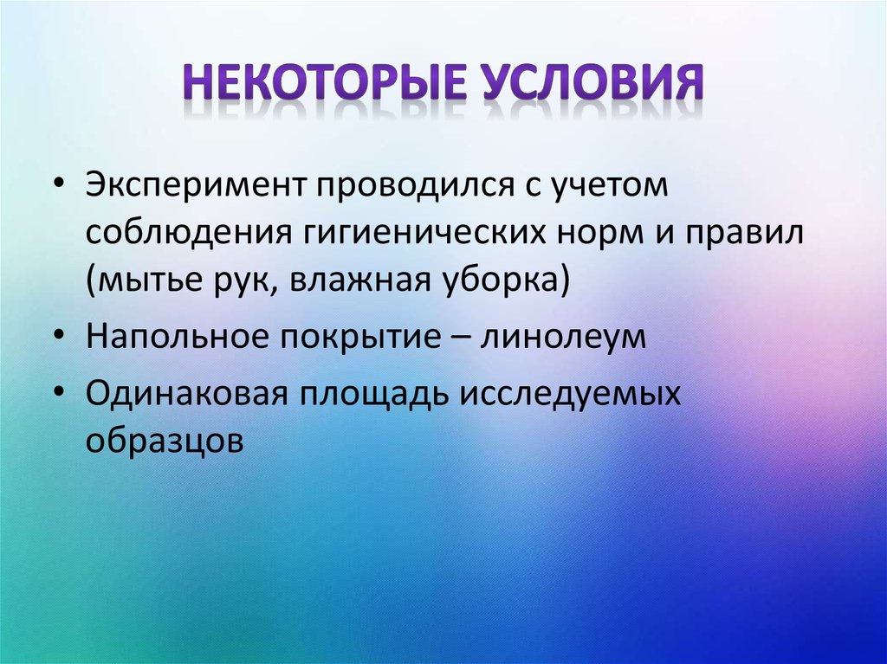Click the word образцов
[162, 441]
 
